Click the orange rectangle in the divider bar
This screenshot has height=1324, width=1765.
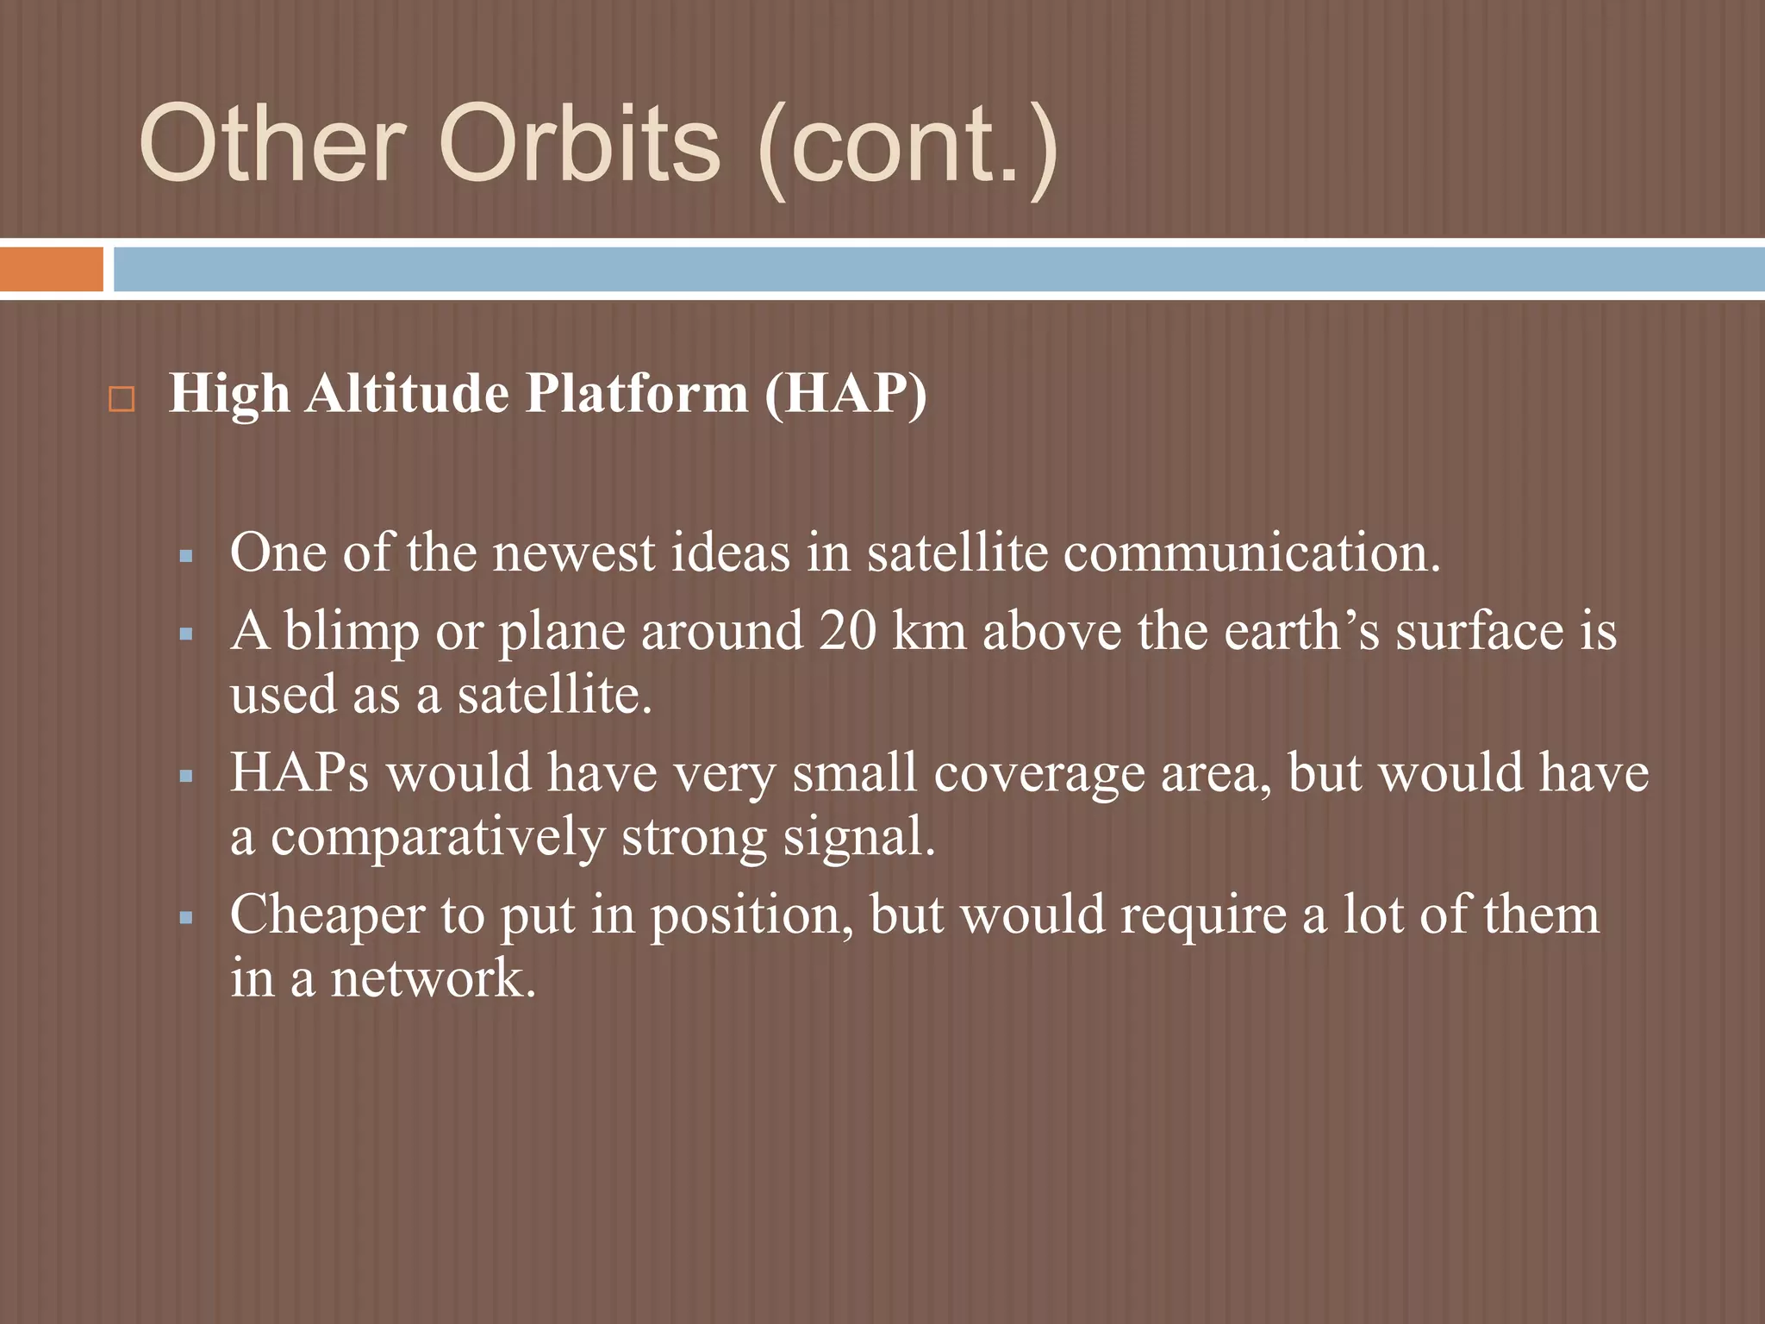(51, 269)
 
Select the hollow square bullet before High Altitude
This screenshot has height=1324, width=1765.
(122, 400)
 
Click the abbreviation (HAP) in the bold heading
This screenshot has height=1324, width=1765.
(845, 395)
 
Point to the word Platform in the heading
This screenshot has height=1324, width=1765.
(636, 395)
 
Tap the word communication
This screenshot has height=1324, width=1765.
(1250, 553)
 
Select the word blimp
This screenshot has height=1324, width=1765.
(351, 632)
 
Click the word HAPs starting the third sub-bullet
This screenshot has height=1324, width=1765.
(299, 772)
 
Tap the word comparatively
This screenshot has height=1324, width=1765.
(439, 838)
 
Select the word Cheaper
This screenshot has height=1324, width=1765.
(327, 915)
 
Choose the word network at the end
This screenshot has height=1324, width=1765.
(433, 979)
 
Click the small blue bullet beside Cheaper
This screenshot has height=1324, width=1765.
(186, 918)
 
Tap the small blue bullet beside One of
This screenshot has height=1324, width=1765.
(186, 557)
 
